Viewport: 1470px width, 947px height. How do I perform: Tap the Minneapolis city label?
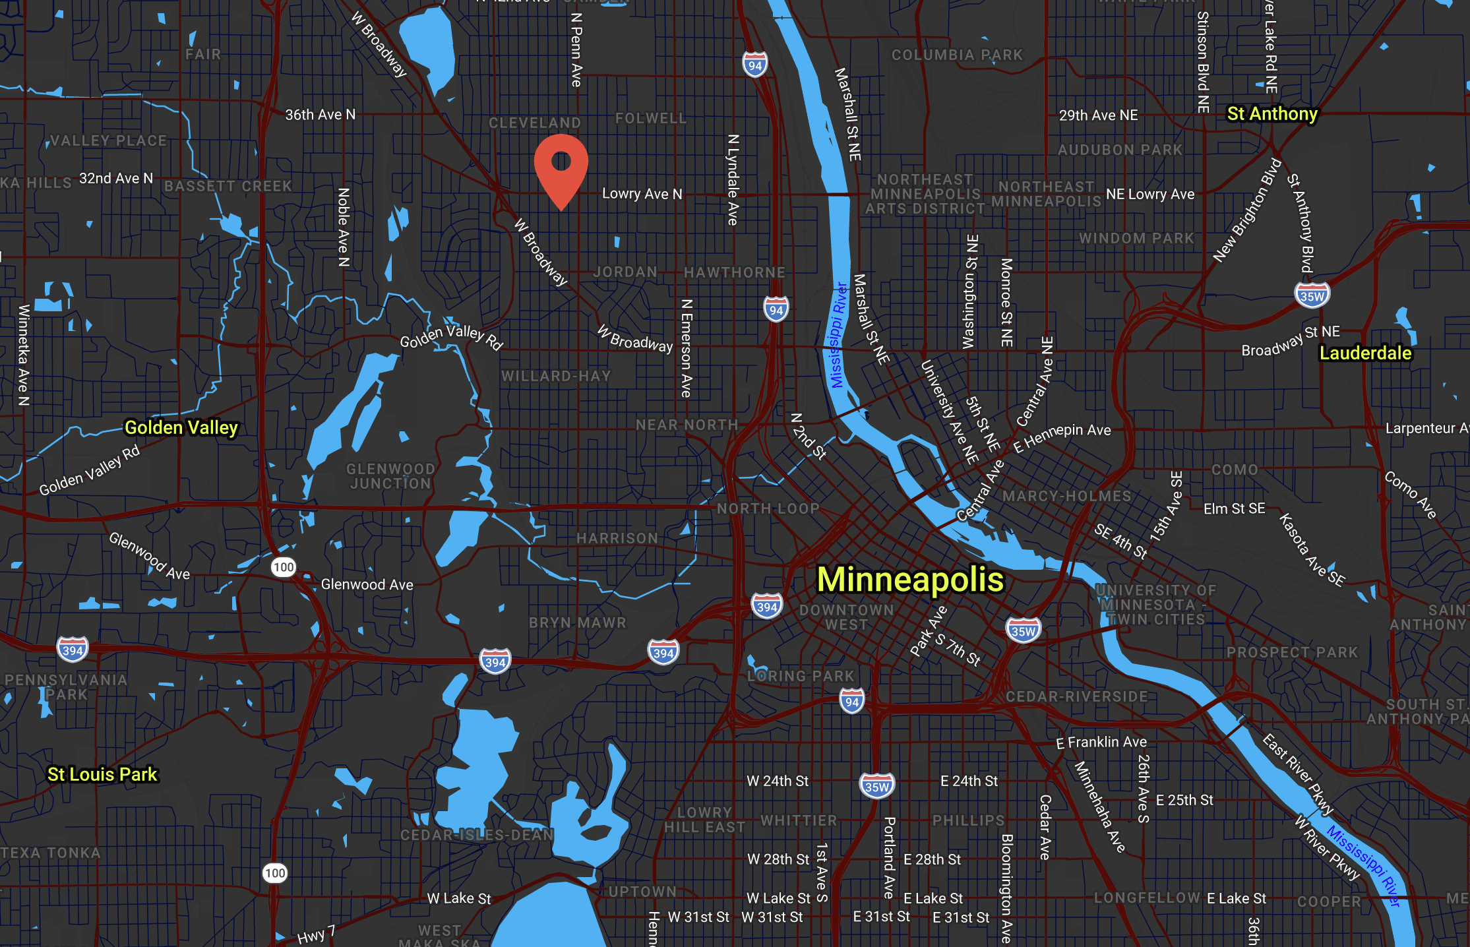910,580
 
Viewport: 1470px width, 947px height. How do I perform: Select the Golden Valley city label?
181,428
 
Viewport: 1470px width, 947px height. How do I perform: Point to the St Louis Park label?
102,774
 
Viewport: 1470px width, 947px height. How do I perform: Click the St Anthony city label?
1272,114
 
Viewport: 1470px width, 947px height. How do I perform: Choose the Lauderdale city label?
1365,353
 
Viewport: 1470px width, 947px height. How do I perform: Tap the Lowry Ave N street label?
642,194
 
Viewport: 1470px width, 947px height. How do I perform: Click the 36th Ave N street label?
320,115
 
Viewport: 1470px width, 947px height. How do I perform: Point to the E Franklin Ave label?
1101,743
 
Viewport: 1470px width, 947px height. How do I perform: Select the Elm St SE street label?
1234,508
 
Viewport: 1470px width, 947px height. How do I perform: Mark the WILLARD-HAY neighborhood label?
556,377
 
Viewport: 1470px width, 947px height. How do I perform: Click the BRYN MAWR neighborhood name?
577,623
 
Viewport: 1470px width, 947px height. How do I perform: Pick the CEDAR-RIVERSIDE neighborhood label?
1076,697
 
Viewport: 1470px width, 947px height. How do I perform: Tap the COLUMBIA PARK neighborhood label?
957,55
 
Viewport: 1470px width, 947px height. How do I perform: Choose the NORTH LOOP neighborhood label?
768,509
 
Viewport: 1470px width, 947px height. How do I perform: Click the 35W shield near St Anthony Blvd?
1312,296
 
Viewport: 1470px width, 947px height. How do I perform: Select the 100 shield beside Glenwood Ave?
283,567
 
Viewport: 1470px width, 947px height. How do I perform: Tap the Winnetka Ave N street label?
24,354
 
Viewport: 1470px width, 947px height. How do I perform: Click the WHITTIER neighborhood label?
799,821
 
